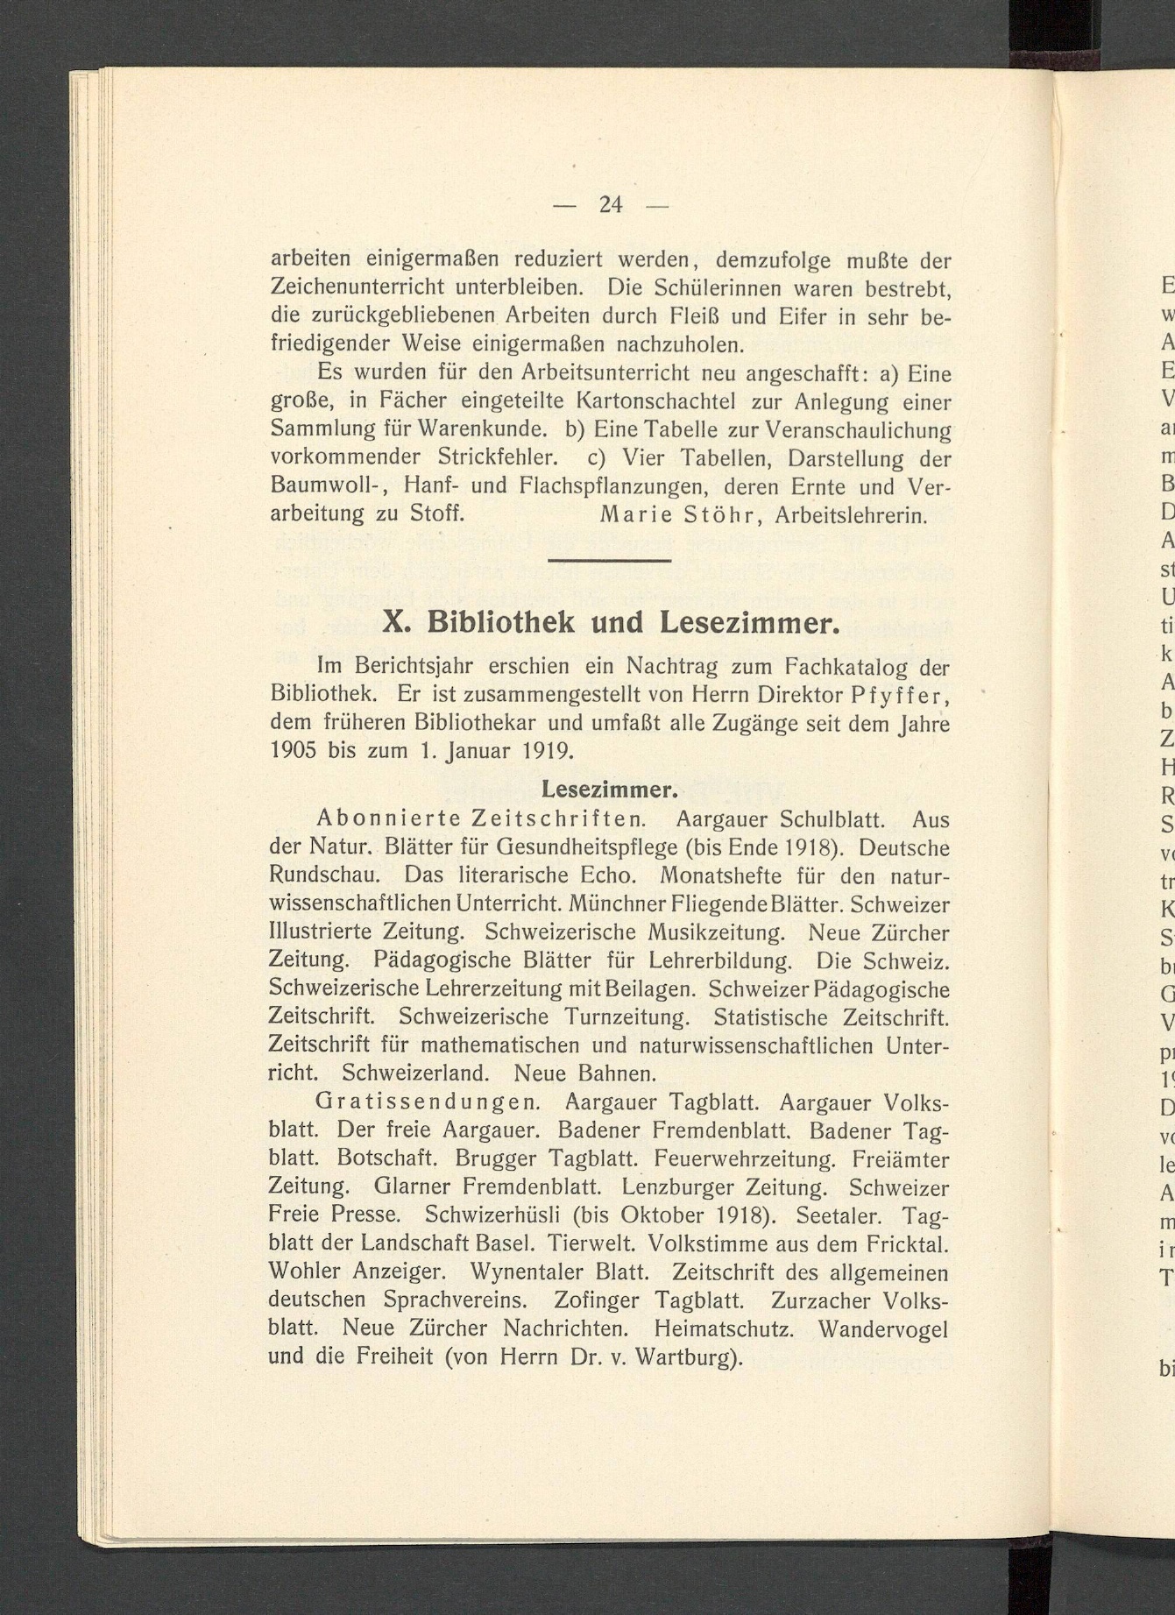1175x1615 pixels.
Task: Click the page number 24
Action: click(x=611, y=204)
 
